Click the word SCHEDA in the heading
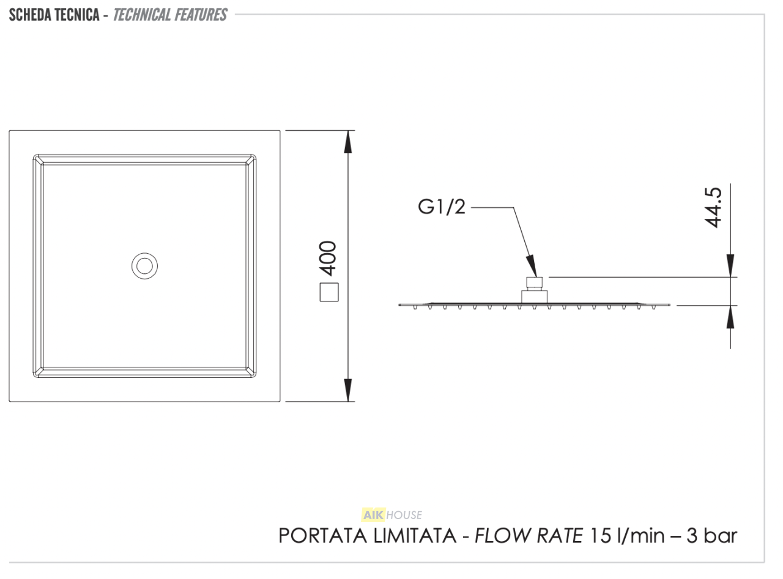tap(31, 15)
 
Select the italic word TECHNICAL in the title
tap(141, 15)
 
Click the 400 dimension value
tap(328, 258)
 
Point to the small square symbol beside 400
tap(329, 292)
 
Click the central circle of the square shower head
tap(145, 266)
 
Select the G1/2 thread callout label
tap(442, 207)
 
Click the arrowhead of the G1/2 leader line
tap(532, 266)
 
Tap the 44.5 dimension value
tap(713, 207)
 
